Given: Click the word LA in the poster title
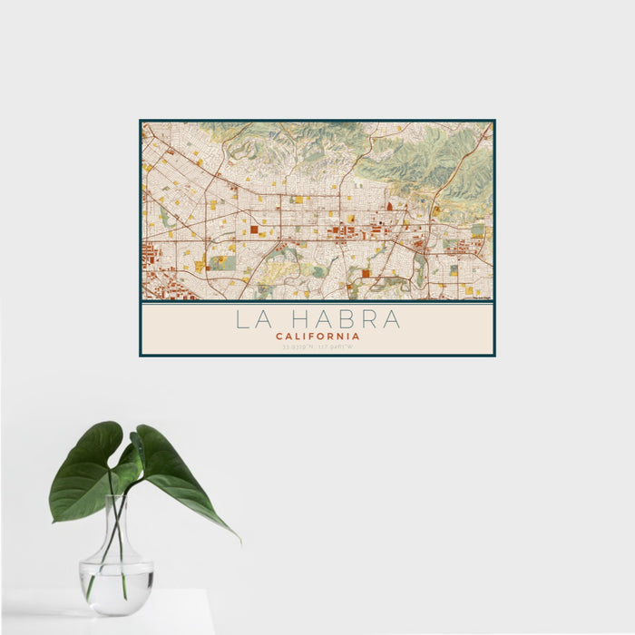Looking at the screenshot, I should pos(253,320).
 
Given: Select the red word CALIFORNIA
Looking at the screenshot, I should pos(317,336).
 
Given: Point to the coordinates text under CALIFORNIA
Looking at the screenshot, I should pos(317,347).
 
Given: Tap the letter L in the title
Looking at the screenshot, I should pos(242,320).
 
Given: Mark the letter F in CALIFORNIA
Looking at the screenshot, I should pos(315,336).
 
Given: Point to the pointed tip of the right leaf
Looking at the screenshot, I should pos(239,540).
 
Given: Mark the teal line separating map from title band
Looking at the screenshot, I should pos(317,302).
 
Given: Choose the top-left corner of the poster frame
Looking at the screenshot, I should pos(141,121).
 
